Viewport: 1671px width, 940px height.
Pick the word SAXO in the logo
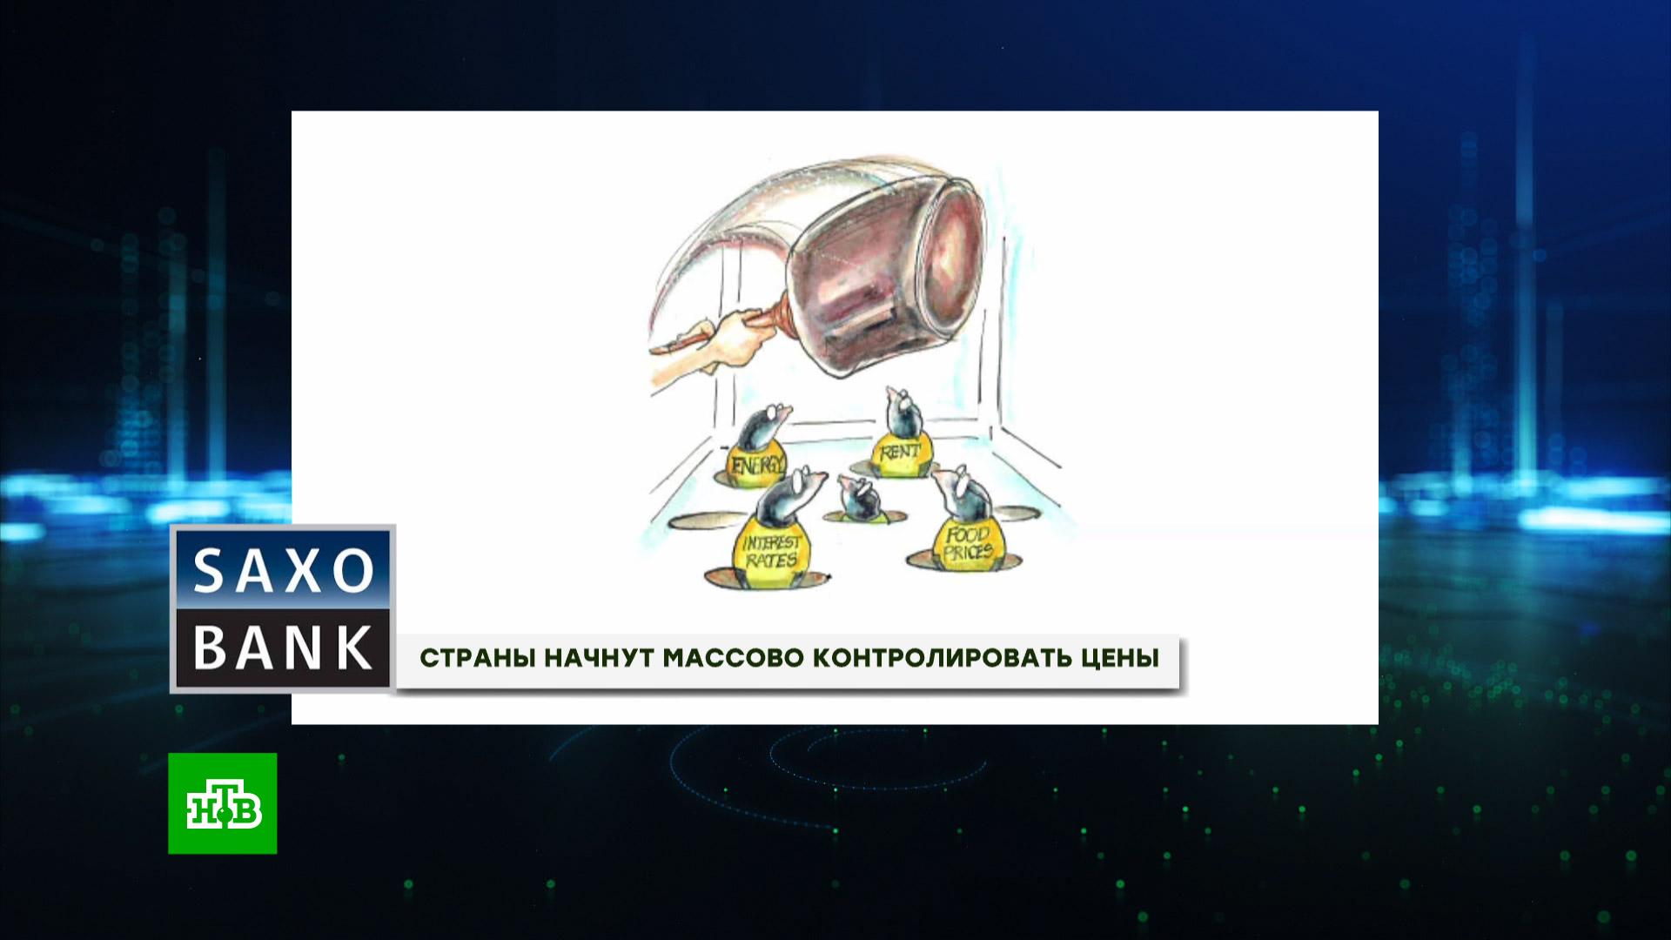click(x=283, y=571)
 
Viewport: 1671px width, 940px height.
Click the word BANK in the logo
click(x=283, y=648)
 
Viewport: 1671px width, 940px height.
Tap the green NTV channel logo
click(x=223, y=803)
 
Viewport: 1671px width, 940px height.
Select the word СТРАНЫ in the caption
click(x=478, y=658)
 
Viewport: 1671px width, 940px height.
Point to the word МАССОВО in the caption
click(x=733, y=658)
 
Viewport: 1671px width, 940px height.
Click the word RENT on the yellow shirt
click(x=900, y=453)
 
